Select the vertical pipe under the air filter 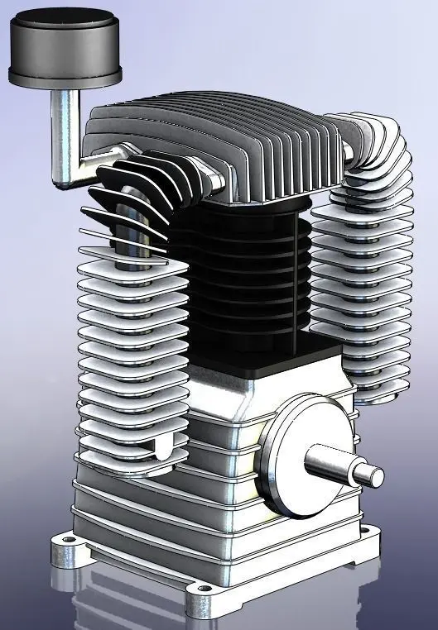[63, 124]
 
